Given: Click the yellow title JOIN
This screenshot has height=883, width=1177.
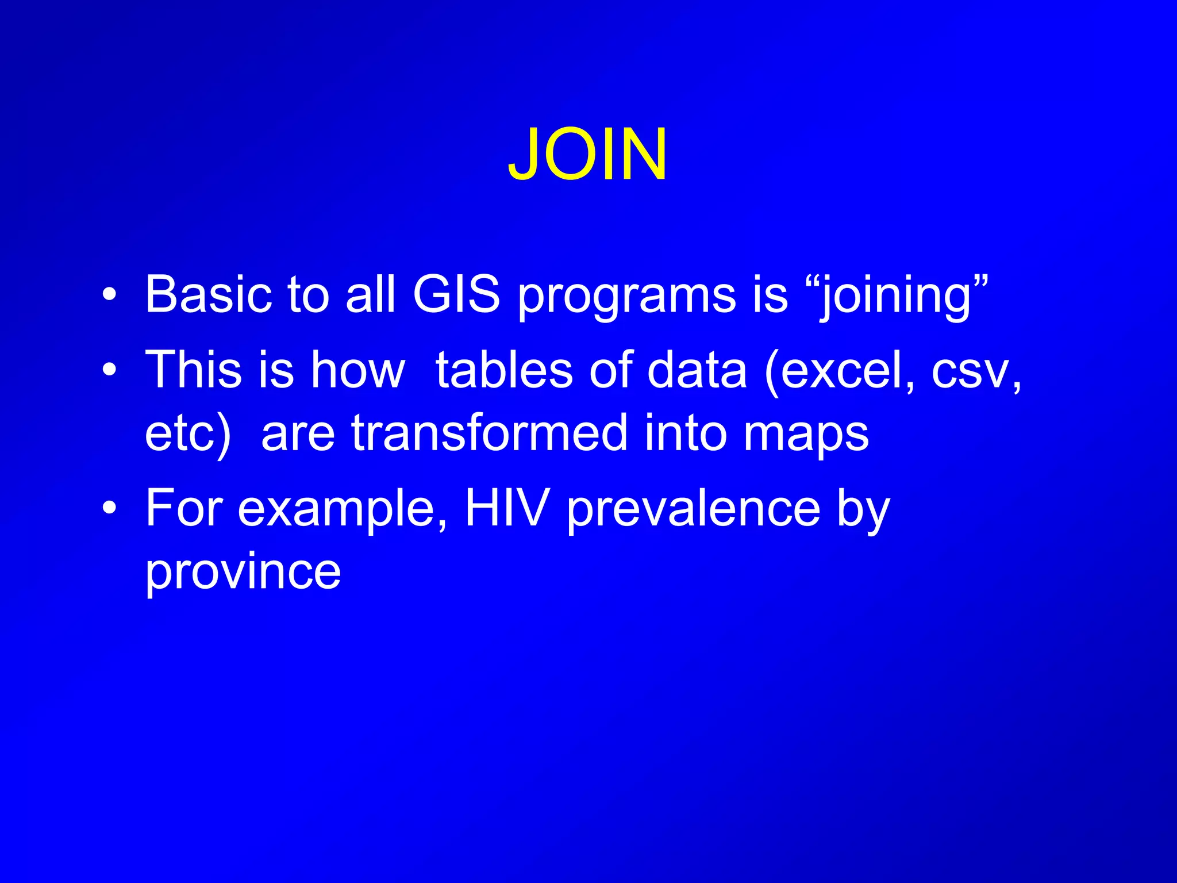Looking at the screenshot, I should pos(587,154).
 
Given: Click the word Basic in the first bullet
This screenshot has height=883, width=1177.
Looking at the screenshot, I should pos(208,294).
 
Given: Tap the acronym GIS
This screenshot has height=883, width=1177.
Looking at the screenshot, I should pos(456,294).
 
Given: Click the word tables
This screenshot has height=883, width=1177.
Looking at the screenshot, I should pos(504,370).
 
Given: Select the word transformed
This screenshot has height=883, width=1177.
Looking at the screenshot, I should pos(490,433).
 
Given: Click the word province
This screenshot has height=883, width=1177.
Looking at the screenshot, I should pos(243,573).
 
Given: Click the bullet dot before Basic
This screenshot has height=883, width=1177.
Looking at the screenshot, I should pos(109,295).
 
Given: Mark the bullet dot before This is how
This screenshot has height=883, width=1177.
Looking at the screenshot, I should pos(109,370).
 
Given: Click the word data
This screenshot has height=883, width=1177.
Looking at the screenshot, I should pos(697,370).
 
